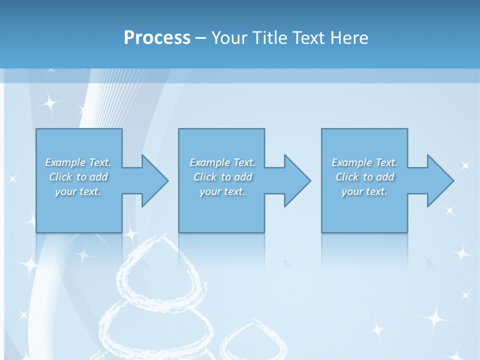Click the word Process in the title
pyautogui.click(x=157, y=38)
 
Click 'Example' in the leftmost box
pyautogui.click(x=65, y=162)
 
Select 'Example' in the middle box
pyautogui.click(x=209, y=162)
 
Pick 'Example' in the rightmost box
pyautogui.click(x=351, y=162)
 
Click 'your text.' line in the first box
pyautogui.click(x=78, y=191)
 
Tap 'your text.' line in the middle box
pyautogui.click(x=222, y=191)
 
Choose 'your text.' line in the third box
pyautogui.click(x=364, y=191)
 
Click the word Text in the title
pyautogui.click(x=308, y=38)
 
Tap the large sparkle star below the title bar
pyautogui.click(x=49, y=103)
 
